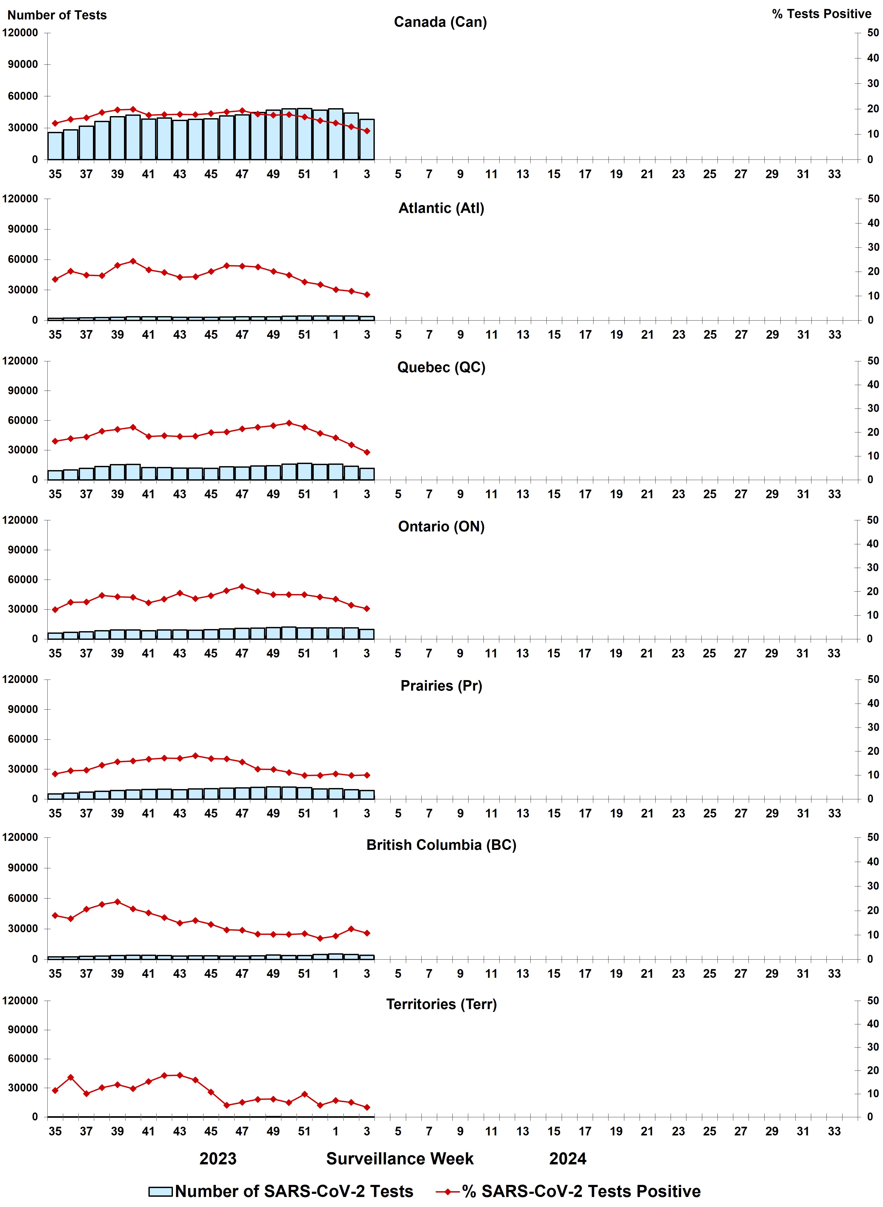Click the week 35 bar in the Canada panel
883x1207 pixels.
coord(55,146)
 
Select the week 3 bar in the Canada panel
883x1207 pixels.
coord(367,139)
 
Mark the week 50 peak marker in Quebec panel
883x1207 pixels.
coord(289,423)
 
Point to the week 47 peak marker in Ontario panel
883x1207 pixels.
coord(242,586)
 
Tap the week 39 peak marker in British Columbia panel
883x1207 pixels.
coord(118,902)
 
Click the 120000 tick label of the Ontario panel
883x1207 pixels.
coord(20,520)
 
